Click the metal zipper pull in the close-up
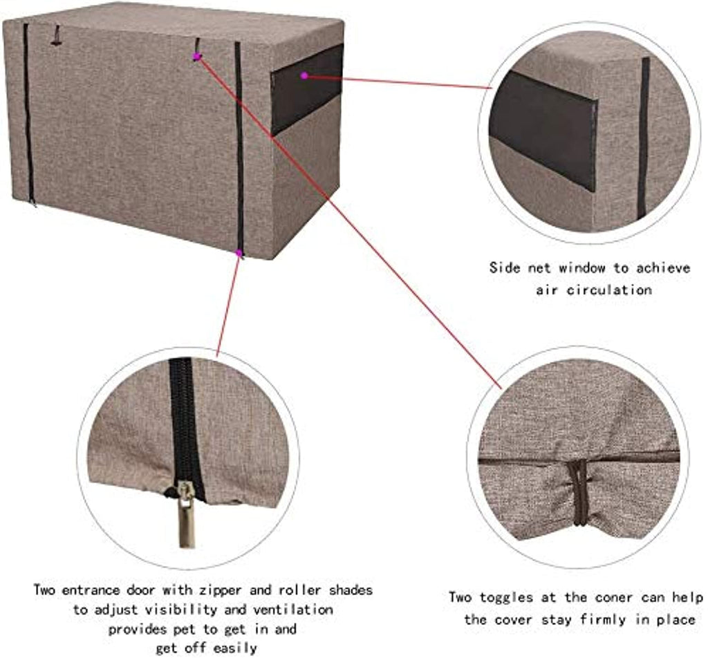[186, 514]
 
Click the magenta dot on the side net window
[304, 75]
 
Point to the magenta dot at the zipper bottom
[239, 253]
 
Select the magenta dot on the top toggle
[196, 57]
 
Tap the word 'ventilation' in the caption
[293, 610]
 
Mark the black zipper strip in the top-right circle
[644, 138]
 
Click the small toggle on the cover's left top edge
[56, 36]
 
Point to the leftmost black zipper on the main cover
[28, 114]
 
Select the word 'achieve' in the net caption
[663, 267]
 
